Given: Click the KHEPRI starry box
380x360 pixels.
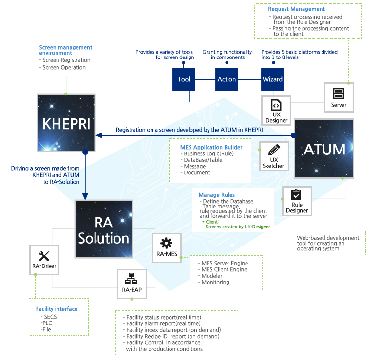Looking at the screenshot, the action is [66, 123].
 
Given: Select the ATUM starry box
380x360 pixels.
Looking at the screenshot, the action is [324, 149].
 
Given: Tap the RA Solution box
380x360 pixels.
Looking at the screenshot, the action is [104, 229].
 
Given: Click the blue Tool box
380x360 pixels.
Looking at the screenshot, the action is [184, 79].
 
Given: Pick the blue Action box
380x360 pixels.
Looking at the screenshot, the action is [227, 79].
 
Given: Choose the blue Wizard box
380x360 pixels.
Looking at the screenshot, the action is [272, 79].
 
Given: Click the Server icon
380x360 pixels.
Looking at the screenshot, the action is [339, 94].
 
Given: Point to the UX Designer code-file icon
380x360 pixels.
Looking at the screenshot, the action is [276, 105].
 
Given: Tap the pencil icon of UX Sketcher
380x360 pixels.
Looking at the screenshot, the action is [274, 150].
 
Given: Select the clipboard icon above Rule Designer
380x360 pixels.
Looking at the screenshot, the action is [296, 194].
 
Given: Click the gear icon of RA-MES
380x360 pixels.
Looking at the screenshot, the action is [166, 243].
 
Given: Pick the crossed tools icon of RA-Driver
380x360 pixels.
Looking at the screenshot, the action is [44, 256].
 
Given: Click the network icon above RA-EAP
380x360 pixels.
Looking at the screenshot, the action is [131, 279].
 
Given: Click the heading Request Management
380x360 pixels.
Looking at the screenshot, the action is [296, 9].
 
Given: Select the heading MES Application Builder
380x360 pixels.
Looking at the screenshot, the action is [211, 147].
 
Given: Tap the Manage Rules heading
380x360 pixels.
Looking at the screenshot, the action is [217, 195].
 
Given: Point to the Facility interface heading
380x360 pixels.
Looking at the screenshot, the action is [57, 309].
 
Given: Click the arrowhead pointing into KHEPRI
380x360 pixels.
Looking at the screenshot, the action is [99, 135].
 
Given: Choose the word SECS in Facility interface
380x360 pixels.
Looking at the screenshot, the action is [50, 317].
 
